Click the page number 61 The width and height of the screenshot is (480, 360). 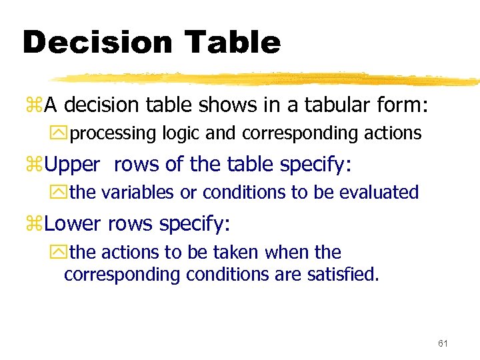[x=443, y=343]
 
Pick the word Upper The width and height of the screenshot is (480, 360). [x=72, y=165]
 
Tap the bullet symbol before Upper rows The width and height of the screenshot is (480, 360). [x=33, y=165]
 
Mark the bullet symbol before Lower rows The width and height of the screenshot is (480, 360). [x=33, y=224]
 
